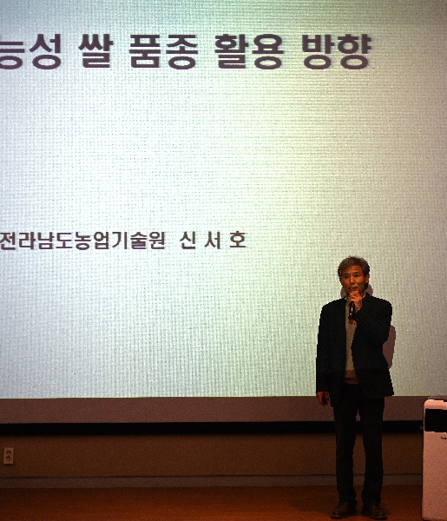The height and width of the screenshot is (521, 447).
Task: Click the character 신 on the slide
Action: tap(188, 241)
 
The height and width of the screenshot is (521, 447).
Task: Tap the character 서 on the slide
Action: tap(213, 241)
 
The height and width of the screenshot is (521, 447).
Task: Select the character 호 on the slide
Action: tap(237, 241)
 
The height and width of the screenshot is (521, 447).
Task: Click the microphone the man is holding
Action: tap(352, 308)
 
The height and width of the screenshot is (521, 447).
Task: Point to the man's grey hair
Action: tap(353, 265)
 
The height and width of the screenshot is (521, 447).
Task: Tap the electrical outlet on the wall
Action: tap(9, 455)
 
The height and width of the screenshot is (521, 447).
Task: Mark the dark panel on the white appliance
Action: tap(435, 419)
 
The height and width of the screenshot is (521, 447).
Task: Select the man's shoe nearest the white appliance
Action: tap(375, 511)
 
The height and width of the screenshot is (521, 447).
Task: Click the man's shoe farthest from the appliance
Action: tap(344, 510)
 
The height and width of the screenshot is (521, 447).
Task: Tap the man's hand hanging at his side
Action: tap(323, 398)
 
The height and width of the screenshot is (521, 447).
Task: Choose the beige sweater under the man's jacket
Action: tap(351, 347)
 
